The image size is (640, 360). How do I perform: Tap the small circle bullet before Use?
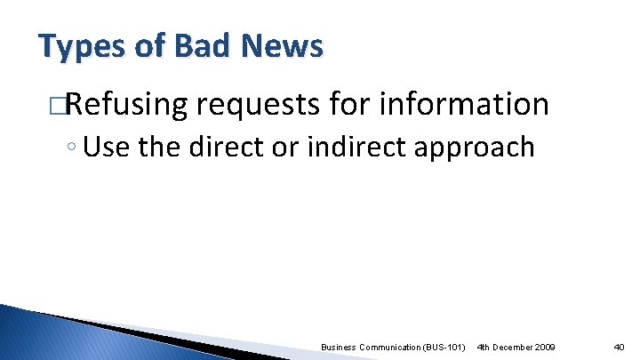tap(71, 147)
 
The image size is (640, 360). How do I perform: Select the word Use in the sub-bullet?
tap(106, 146)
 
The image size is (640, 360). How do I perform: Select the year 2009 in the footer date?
tap(544, 345)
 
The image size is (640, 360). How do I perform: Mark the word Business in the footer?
tap(338, 345)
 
